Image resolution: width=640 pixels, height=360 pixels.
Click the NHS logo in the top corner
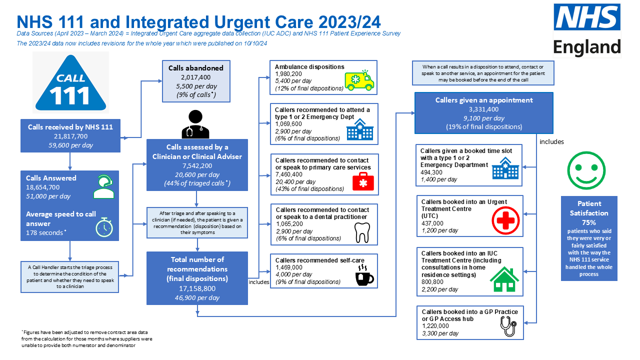[x=587, y=17]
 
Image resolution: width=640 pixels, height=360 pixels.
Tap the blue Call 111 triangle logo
[x=70, y=82]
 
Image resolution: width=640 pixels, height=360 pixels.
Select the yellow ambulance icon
[x=359, y=80]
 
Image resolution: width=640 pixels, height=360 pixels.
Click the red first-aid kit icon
[x=363, y=181]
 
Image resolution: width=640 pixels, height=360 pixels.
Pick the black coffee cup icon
[x=364, y=275]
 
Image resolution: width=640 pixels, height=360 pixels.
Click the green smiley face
[x=586, y=170]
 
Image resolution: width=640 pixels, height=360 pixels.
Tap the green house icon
[x=504, y=279]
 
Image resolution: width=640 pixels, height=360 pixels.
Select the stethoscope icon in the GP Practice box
[x=508, y=326]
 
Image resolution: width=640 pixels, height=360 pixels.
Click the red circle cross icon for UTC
[x=505, y=220]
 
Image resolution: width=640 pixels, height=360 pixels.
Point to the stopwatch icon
[x=104, y=227]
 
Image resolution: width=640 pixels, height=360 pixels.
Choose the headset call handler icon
[x=103, y=186]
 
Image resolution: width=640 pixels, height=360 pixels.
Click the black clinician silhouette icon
[x=195, y=124]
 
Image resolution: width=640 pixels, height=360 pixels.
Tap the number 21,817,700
[x=70, y=136]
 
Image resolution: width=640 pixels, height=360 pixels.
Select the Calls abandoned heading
[x=195, y=68]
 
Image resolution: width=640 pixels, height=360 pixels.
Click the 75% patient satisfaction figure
[x=589, y=222]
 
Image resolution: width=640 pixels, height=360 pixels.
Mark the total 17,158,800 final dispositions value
[x=197, y=288]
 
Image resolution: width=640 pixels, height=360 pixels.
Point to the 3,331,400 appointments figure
[x=483, y=109]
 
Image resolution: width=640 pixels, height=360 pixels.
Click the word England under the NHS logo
[x=587, y=47]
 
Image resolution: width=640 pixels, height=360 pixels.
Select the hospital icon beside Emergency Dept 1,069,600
[x=359, y=129]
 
